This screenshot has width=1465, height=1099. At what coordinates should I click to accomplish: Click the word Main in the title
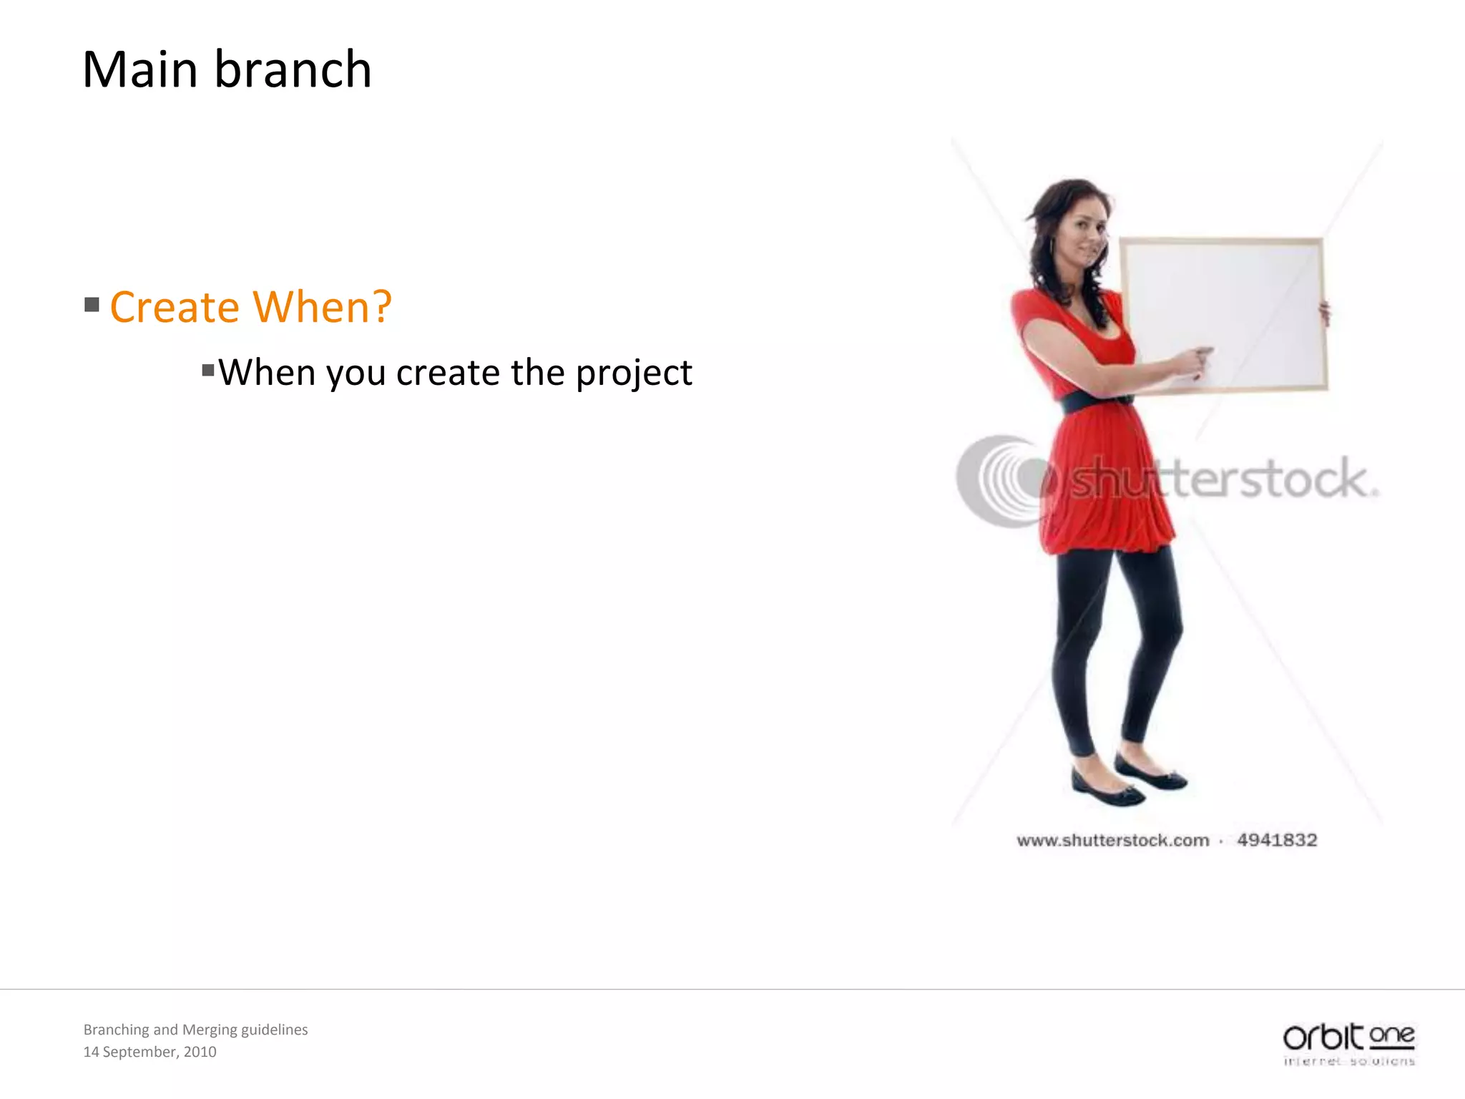pyautogui.click(x=140, y=70)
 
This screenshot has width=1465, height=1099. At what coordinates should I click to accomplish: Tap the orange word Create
pyautogui.click(x=175, y=308)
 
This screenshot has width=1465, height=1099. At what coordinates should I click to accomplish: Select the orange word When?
pyautogui.click(x=323, y=308)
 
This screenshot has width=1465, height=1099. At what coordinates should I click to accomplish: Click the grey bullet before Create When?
pyautogui.click(x=92, y=306)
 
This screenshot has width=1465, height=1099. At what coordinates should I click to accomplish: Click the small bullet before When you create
pyautogui.click(x=208, y=370)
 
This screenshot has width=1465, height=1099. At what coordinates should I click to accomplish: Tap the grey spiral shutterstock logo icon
pyautogui.click(x=1001, y=481)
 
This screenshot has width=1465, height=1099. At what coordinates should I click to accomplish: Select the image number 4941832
pyautogui.click(x=1277, y=840)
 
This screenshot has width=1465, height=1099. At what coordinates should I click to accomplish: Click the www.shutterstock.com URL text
pyautogui.click(x=1112, y=841)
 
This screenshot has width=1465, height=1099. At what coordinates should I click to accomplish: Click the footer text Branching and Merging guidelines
pyautogui.click(x=195, y=1030)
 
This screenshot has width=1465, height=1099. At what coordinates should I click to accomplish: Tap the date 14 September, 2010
pyautogui.click(x=150, y=1052)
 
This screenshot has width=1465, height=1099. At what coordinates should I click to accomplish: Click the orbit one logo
pyautogui.click(x=1348, y=1043)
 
